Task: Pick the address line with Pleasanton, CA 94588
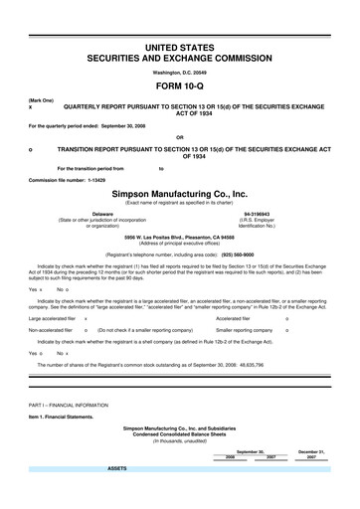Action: tap(180, 238)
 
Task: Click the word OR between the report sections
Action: tap(179, 137)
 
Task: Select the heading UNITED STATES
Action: tap(180, 48)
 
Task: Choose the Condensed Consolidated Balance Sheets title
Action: tap(180, 435)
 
